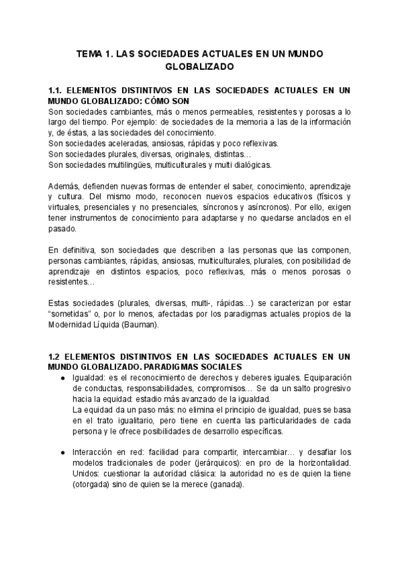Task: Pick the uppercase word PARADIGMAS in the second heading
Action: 168,367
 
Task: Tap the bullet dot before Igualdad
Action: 63,378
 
